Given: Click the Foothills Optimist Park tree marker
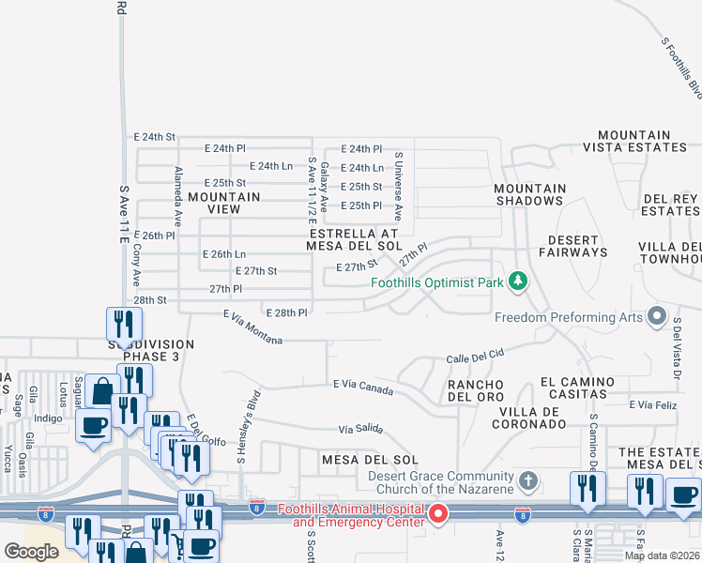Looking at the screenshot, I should click(x=516, y=281).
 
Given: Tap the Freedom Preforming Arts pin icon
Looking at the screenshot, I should click(x=656, y=317).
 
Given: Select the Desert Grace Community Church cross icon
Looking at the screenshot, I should click(x=528, y=483).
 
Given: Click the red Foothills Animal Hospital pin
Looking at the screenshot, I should click(x=437, y=515).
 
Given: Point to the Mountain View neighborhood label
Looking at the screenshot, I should click(x=223, y=204).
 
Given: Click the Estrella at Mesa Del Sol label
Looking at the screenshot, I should click(x=354, y=239).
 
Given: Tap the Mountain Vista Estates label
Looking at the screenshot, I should click(x=634, y=142).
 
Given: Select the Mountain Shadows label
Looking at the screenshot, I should click(x=530, y=194).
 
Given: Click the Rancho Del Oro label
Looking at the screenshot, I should click(x=475, y=391).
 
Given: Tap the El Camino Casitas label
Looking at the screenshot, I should click(x=577, y=388).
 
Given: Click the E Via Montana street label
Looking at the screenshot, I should click(x=252, y=327).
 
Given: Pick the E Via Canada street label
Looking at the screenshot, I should click(x=362, y=387).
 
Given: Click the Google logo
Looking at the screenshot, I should click(x=31, y=552).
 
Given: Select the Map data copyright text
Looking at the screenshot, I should click(x=661, y=555).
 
